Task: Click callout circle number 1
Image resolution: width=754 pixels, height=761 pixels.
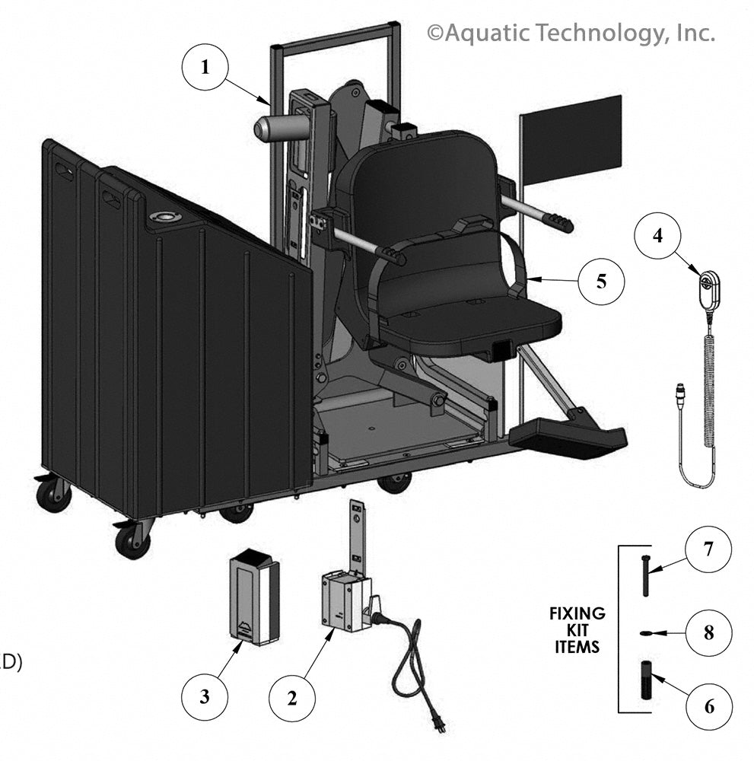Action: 204,67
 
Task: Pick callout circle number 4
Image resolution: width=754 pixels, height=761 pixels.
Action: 658,235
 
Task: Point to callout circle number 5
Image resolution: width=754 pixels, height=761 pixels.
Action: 601,282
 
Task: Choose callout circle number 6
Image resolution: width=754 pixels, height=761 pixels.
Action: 708,706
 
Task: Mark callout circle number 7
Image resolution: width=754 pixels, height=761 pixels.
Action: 708,550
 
